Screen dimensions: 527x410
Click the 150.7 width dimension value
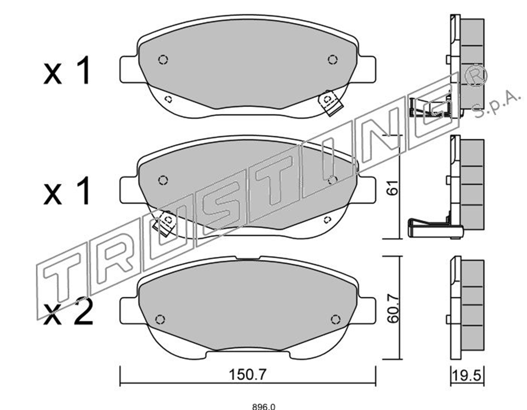[x=247, y=374]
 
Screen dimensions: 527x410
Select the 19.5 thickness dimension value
[x=467, y=374]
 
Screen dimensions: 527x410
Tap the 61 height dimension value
[x=392, y=187]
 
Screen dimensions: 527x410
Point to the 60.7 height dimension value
[x=392, y=308]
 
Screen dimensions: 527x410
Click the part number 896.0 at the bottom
[x=263, y=407]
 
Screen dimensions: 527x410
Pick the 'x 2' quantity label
[x=68, y=313]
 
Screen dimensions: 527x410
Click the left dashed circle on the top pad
[x=163, y=60]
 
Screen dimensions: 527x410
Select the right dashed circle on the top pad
[x=333, y=60]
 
